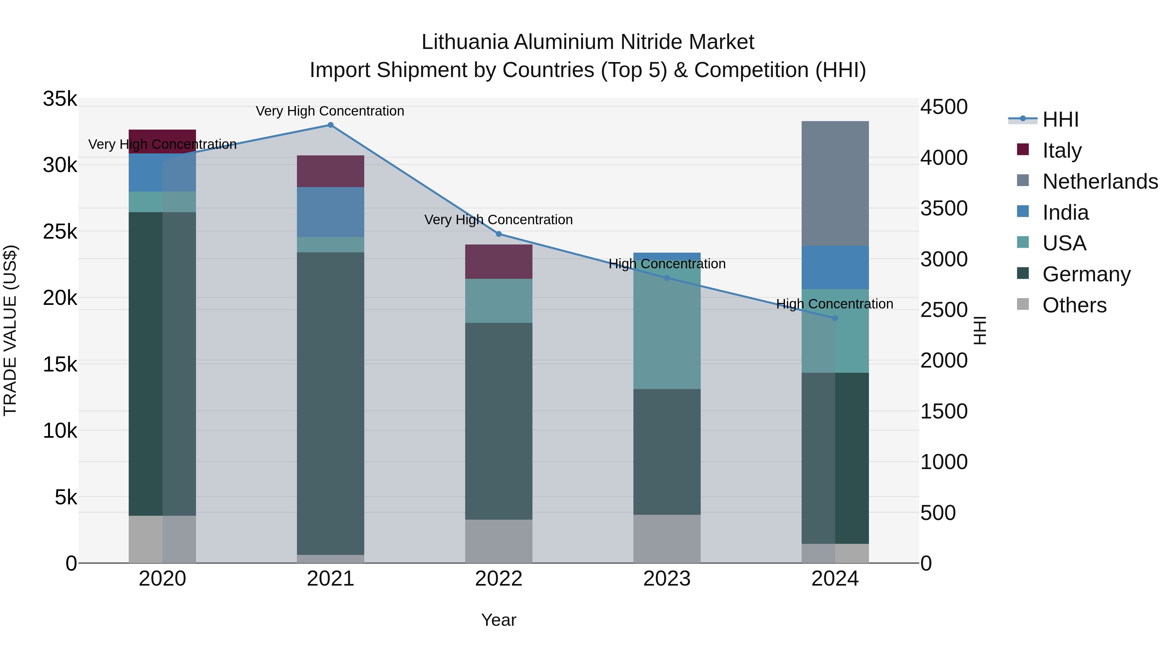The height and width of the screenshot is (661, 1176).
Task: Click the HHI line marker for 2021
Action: [331, 125]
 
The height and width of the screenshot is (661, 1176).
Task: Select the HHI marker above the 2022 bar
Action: [498, 234]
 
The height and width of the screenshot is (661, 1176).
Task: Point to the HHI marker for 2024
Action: [835, 318]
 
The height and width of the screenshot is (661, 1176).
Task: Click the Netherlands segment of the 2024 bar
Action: [835, 183]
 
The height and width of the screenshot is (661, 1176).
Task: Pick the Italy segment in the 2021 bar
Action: [331, 171]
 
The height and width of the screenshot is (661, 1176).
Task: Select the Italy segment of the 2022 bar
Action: [498, 261]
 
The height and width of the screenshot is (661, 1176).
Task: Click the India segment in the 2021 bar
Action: [331, 212]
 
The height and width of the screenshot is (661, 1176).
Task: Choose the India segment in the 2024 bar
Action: [835, 267]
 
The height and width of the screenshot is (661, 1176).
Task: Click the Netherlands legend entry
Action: [1100, 181]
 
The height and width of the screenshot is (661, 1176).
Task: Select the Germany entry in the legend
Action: [1086, 274]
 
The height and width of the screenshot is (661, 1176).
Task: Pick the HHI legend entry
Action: [1060, 119]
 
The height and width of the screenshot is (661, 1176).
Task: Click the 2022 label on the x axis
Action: [498, 579]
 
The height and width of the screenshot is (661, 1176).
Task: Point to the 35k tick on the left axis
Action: [60, 99]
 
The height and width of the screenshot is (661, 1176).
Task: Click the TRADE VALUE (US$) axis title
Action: [10, 330]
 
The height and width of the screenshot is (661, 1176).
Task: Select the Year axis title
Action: [498, 620]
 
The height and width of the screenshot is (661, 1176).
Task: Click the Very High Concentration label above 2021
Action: [330, 111]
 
